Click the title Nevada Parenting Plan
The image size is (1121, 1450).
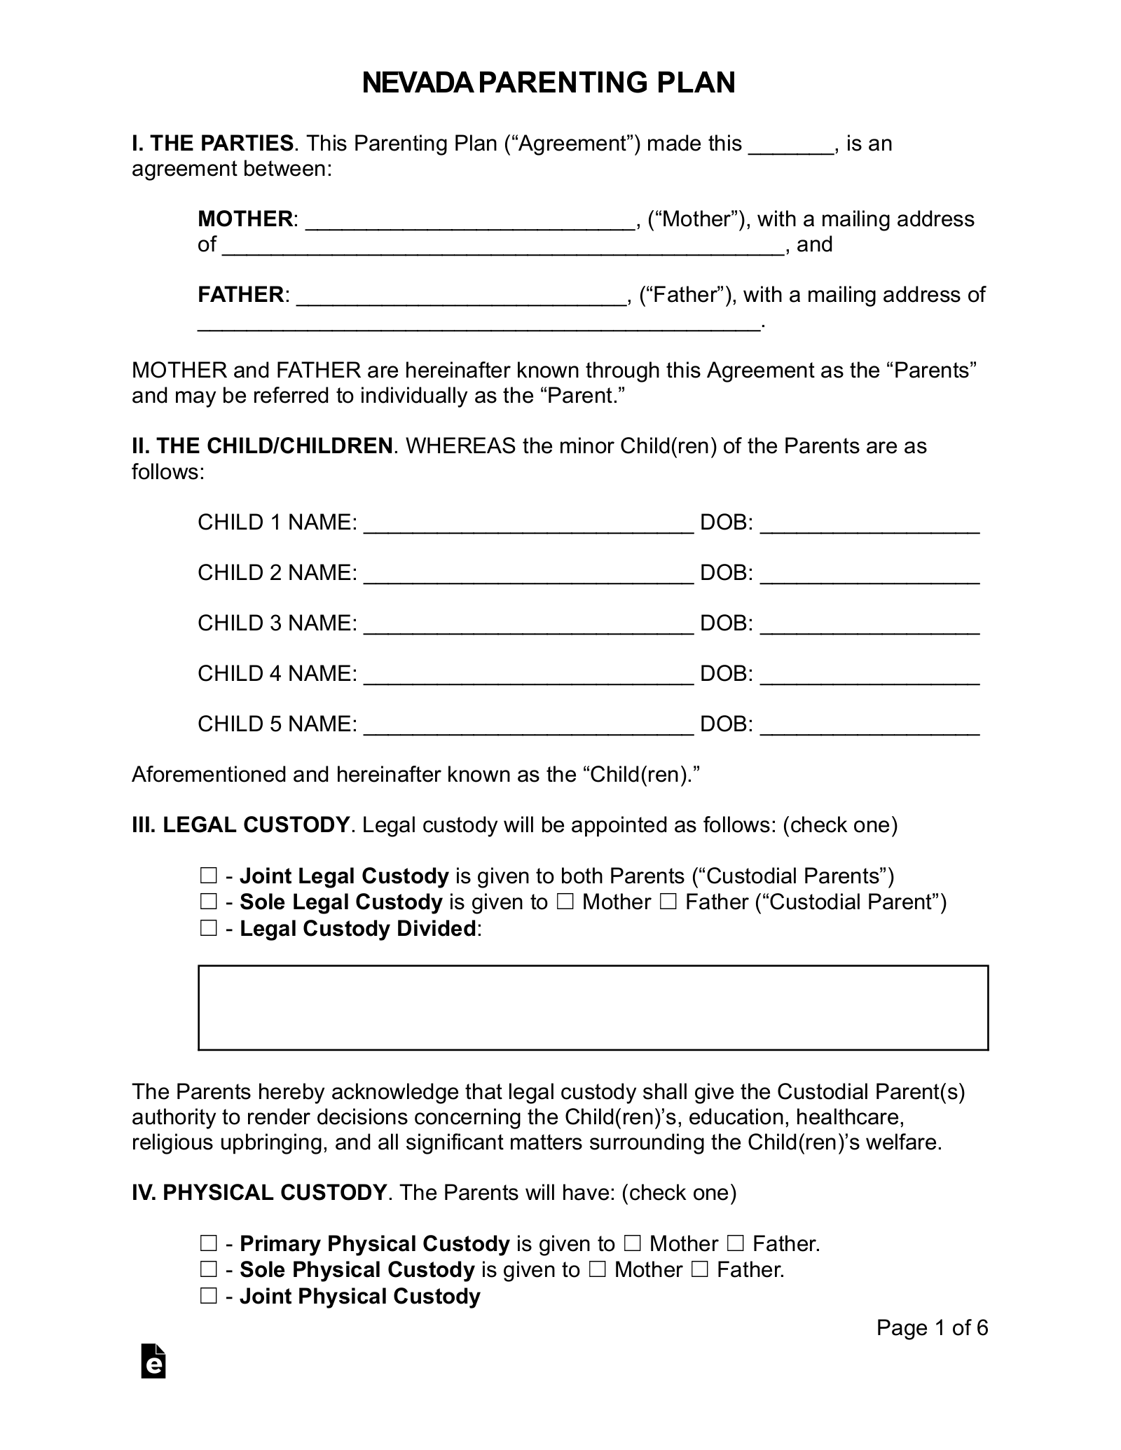[x=549, y=83]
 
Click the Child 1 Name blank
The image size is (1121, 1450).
[x=529, y=524]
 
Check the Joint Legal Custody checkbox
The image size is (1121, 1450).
[x=208, y=876]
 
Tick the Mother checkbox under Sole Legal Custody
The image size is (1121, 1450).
[x=565, y=902]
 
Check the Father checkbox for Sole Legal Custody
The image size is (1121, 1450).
[x=668, y=902]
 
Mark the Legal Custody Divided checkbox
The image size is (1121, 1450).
[x=208, y=929]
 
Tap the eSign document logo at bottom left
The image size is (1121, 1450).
[x=153, y=1361]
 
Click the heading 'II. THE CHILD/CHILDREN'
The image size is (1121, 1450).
[x=262, y=446]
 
